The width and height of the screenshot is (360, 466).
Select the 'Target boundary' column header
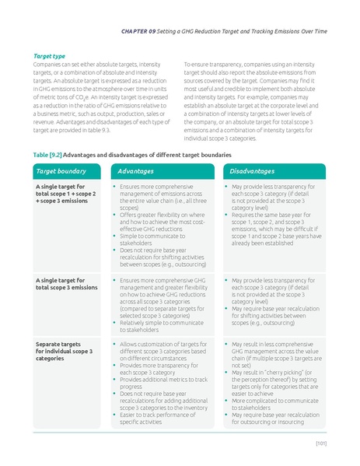tap(61, 170)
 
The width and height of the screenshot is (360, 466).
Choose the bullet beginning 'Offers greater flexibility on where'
tap(159, 223)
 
